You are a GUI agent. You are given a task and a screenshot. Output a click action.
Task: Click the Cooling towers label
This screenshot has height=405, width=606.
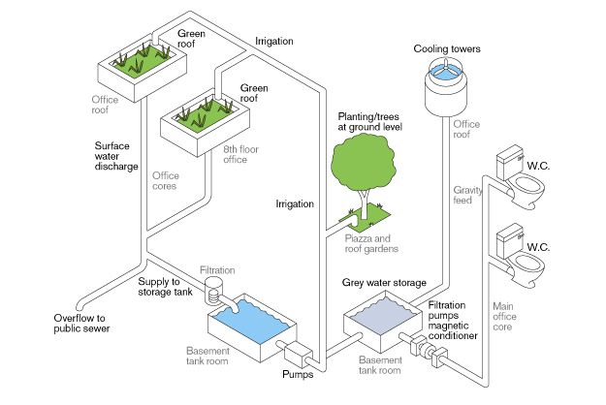447,49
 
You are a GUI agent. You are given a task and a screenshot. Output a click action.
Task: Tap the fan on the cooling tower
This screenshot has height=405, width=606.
446,69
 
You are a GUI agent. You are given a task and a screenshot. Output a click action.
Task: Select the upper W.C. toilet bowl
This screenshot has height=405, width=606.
526,189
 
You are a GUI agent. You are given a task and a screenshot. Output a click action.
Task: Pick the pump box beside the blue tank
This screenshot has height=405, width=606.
298,355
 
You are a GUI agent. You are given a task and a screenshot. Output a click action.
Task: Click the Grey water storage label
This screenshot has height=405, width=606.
384,283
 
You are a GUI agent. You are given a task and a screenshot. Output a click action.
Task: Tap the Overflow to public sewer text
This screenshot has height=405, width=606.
81,324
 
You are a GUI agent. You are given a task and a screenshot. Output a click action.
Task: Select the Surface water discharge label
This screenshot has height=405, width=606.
116,156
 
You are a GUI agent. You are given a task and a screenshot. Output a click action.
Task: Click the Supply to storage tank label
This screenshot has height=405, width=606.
165,287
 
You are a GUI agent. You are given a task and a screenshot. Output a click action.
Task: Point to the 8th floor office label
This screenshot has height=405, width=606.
240,154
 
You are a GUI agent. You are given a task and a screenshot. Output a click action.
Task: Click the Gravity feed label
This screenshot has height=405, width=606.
467,195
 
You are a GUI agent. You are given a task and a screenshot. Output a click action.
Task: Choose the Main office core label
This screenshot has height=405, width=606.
504,317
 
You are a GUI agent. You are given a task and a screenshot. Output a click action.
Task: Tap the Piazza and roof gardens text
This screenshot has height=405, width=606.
371,243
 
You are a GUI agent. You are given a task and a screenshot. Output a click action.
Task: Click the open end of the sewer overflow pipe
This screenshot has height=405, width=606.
80,307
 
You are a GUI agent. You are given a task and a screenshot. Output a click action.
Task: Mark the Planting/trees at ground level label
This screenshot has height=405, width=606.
369,122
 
